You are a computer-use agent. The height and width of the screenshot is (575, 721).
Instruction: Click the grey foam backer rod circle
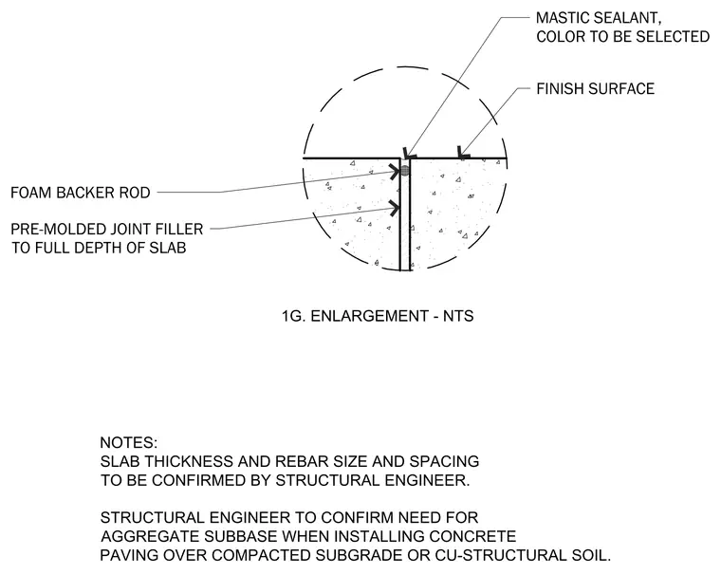(x=405, y=171)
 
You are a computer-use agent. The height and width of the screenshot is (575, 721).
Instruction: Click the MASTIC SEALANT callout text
(x=599, y=18)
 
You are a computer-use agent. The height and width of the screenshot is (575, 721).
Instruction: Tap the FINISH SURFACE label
(x=596, y=89)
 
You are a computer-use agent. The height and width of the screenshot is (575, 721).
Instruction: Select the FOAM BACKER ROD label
(x=81, y=193)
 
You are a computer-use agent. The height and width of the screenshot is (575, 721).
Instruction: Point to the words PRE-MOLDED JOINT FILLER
(x=106, y=229)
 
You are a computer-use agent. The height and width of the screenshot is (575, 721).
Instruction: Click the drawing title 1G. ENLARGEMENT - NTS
(x=378, y=316)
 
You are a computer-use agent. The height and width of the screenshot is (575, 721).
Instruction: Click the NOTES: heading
(x=129, y=442)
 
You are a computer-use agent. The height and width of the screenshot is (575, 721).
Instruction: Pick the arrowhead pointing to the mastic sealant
(x=408, y=154)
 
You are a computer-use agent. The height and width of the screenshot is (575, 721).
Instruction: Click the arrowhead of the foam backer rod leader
(x=395, y=172)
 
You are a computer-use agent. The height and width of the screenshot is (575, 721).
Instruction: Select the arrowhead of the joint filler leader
(x=395, y=208)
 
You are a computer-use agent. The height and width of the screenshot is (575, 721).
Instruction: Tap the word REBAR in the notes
(x=299, y=461)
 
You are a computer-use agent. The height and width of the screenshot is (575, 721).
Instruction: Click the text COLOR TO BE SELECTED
(x=623, y=37)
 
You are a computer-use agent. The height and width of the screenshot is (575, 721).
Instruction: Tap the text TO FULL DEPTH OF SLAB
(x=99, y=248)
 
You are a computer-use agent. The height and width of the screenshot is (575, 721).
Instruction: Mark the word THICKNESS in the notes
(x=190, y=461)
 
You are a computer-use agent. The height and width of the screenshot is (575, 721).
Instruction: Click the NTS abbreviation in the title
(x=458, y=316)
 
